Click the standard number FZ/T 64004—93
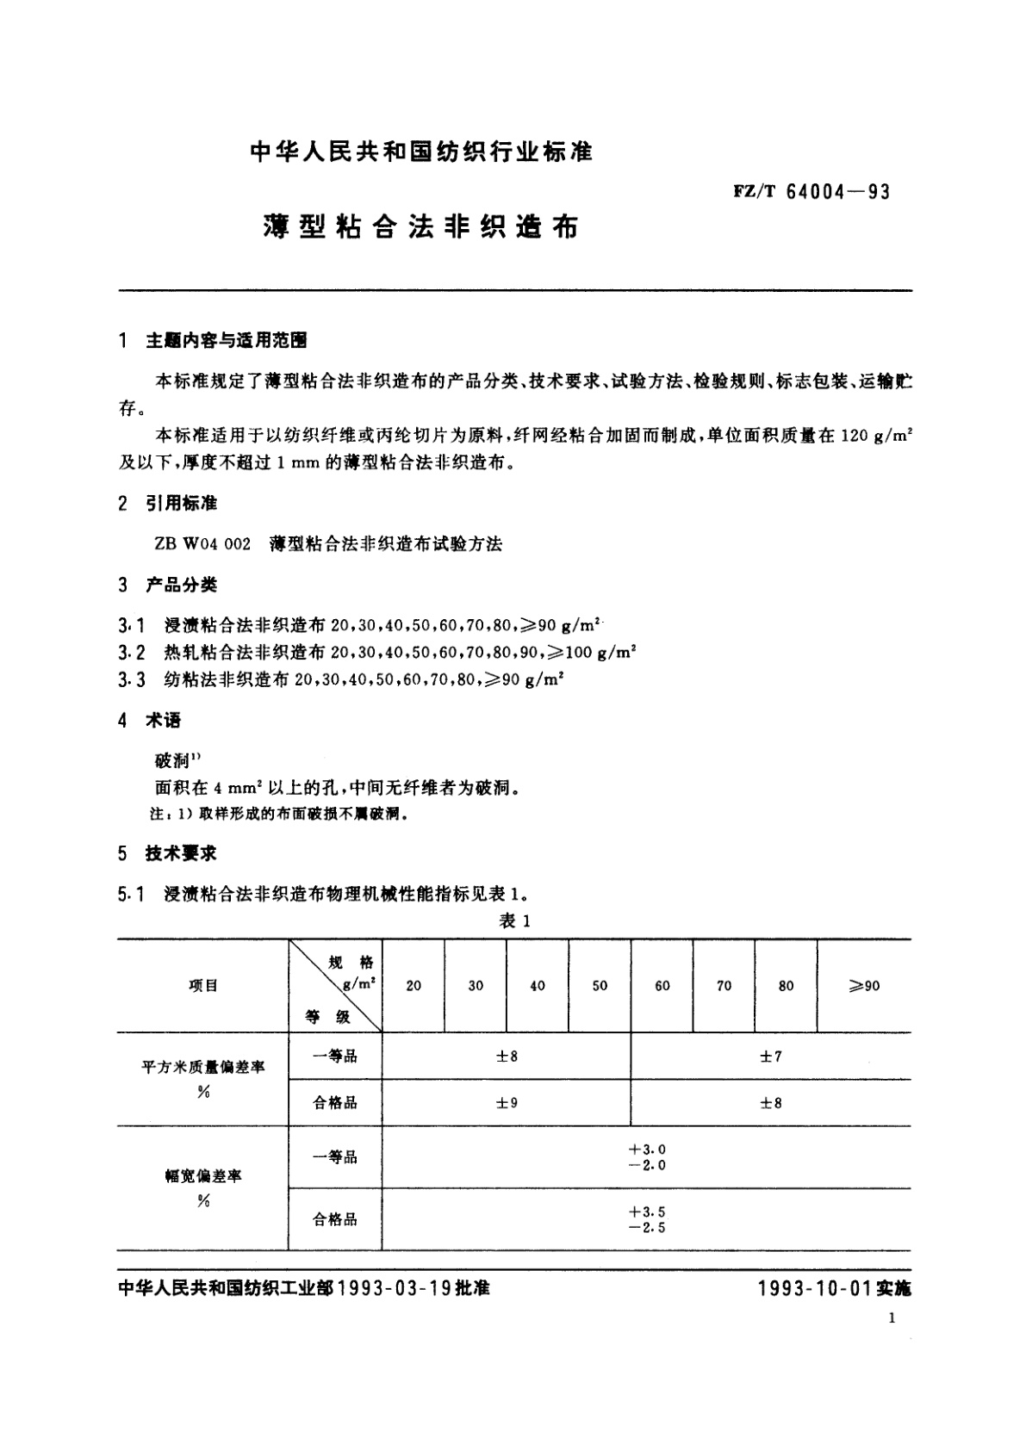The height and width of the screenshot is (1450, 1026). point(811,191)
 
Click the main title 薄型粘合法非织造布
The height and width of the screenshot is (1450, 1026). point(420,226)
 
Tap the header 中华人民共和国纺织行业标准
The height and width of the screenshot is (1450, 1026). point(421,152)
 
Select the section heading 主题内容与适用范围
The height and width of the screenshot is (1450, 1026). point(227,341)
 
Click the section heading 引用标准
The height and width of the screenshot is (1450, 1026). point(181,503)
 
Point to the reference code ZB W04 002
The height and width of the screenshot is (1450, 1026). point(202,544)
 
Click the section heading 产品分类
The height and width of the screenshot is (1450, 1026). point(181,586)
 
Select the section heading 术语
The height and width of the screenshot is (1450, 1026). point(163,721)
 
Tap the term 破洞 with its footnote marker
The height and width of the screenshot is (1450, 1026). point(177,760)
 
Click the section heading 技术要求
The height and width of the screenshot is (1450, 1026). point(181,853)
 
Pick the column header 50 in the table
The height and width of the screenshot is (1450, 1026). point(600,986)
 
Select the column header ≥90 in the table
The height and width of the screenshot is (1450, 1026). point(863,986)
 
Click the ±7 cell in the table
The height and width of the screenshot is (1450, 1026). point(770,1057)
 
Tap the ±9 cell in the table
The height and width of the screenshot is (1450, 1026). point(507,1103)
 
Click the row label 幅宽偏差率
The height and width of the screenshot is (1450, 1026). point(203,1176)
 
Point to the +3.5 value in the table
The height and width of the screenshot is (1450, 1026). point(647,1212)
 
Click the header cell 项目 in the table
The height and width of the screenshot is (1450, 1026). point(203,986)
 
